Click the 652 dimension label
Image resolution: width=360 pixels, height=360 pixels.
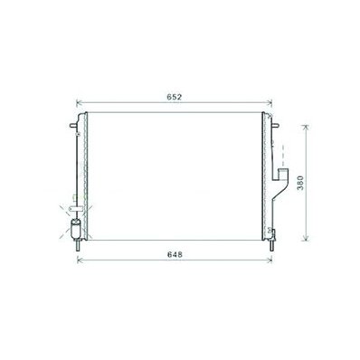click(x=175, y=97)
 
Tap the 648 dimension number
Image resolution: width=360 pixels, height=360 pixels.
click(x=175, y=255)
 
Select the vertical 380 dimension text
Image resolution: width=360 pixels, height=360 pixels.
click(x=300, y=183)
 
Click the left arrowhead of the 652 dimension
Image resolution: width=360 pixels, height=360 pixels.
click(x=80, y=103)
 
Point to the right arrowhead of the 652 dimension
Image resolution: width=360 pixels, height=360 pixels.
click(x=270, y=103)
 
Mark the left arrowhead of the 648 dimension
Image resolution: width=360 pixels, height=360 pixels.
click(x=81, y=260)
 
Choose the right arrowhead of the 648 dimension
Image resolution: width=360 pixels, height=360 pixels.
click(x=270, y=260)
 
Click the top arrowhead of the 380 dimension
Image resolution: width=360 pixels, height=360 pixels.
click(x=306, y=127)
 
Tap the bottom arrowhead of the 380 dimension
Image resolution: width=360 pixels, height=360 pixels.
click(x=306, y=238)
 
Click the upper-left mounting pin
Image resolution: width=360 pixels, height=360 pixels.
click(x=72, y=125)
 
